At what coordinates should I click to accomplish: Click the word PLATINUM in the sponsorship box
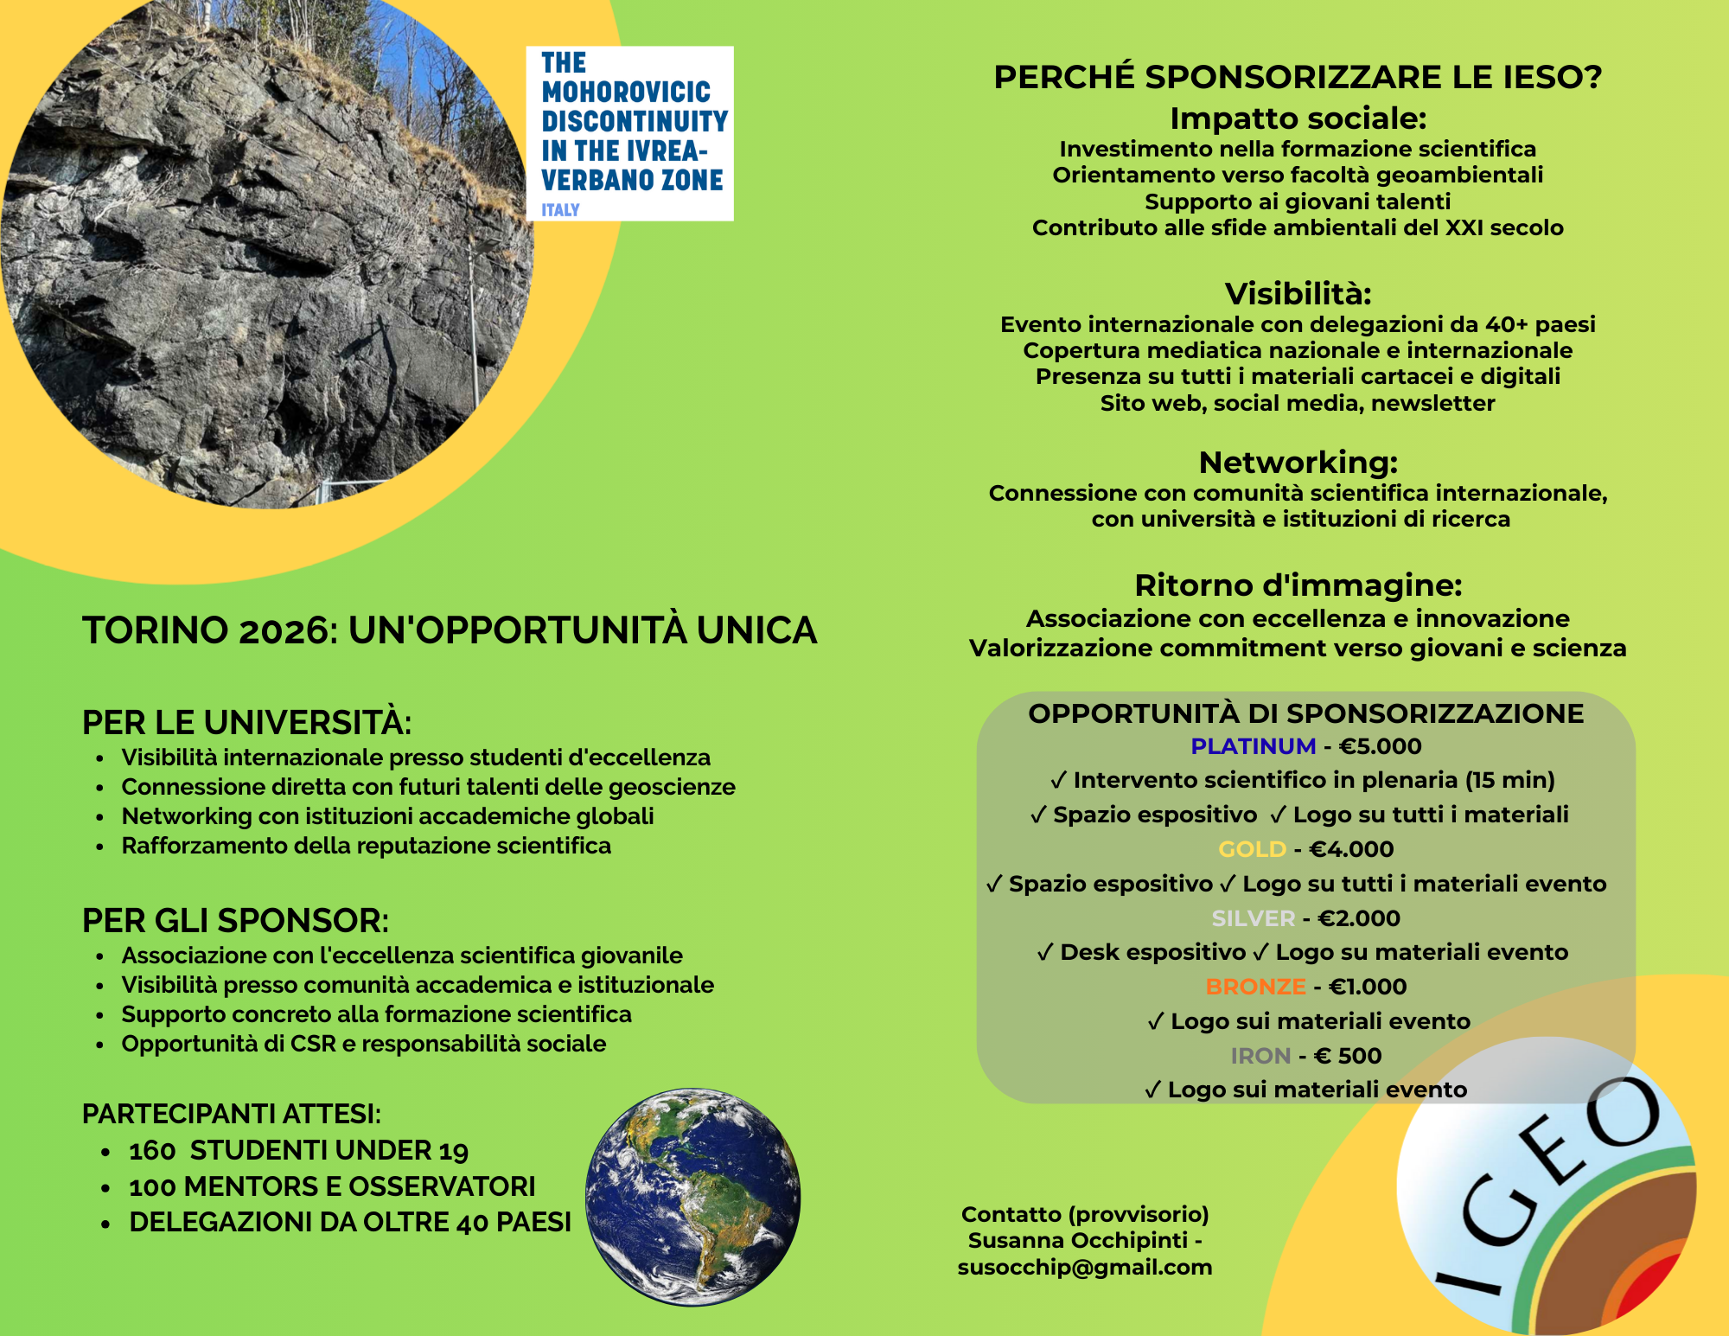pyautogui.click(x=1253, y=746)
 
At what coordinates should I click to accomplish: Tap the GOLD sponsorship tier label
pyautogui.click(x=1252, y=849)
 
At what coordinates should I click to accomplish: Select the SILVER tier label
pyautogui.click(x=1253, y=918)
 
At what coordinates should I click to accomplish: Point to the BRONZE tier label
pyautogui.click(x=1255, y=987)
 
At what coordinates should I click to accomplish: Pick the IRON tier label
pyautogui.click(x=1260, y=1056)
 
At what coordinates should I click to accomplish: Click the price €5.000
pyautogui.click(x=1380, y=746)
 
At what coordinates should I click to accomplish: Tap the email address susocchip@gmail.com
pyautogui.click(x=1084, y=1267)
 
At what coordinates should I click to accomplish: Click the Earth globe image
pyautogui.click(x=692, y=1197)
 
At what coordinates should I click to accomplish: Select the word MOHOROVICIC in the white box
pyautogui.click(x=626, y=92)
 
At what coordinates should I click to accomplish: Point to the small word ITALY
pyautogui.click(x=560, y=209)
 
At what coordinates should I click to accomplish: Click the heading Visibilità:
pyautogui.click(x=1298, y=294)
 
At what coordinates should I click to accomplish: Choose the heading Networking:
pyautogui.click(x=1298, y=463)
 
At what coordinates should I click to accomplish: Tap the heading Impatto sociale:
pyautogui.click(x=1298, y=118)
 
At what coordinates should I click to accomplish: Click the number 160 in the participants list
pyautogui.click(x=152, y=1151)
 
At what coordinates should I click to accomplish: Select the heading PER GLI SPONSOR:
pyautogui.click(x=235, y=921)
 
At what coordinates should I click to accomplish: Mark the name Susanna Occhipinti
pyautogui.click(x=1077, y=1241)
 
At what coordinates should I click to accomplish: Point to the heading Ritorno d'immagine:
pyautogui.click(x=1298, y=585)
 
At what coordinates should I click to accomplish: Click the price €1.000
pyautogui.click(x=1368, y=987)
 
